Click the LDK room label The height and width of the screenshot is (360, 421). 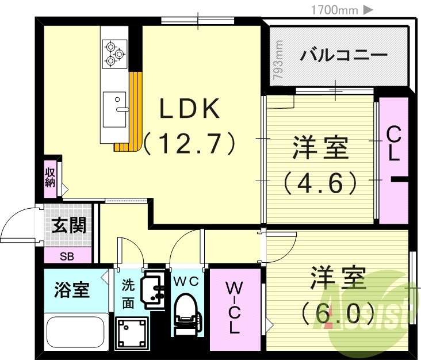[190, 109]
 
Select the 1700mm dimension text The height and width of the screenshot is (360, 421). [334, 9]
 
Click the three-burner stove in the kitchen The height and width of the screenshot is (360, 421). [114, 53]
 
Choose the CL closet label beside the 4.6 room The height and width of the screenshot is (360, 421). [393, 144]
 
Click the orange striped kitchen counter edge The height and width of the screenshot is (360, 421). [133, 112]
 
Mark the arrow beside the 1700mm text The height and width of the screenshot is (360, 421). [369, 9]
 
